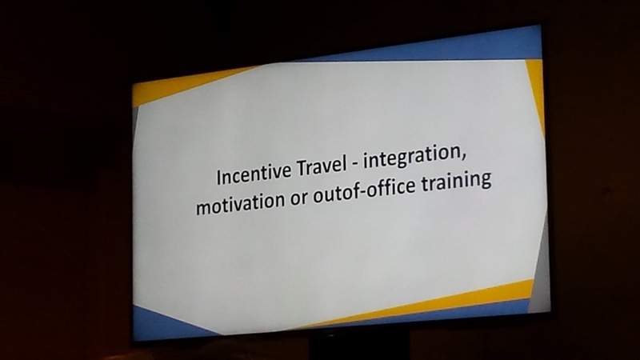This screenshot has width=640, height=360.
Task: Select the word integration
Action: tap(412, 157)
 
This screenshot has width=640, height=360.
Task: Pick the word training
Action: tap(456, 181)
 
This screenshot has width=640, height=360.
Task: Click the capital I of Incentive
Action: tap(218, 178)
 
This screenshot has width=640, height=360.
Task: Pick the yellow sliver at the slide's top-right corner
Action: tap(536, 90)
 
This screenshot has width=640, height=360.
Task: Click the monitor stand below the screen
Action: tap(359, 347)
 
